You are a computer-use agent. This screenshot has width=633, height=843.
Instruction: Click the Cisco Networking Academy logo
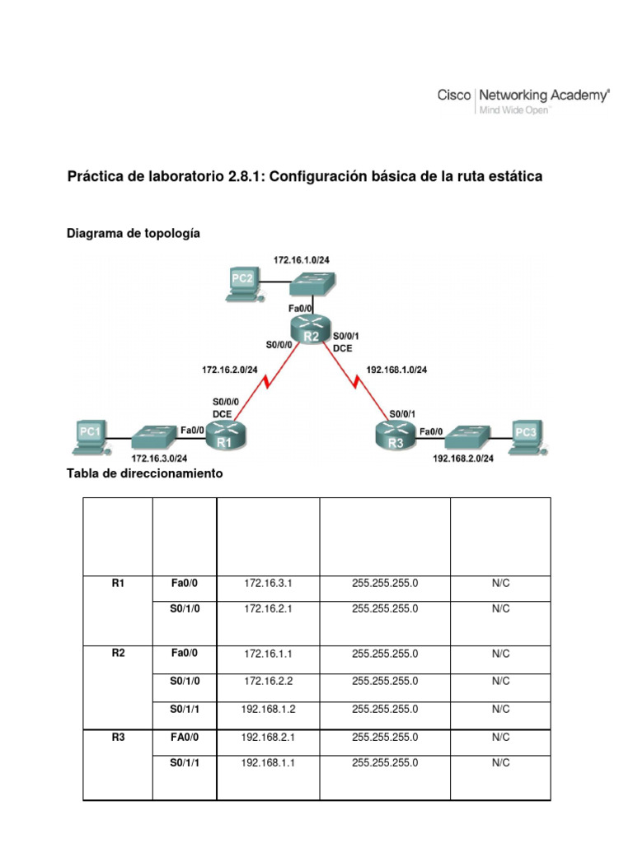coord(523,101)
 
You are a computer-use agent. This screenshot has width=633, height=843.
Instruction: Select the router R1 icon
coord(224,434)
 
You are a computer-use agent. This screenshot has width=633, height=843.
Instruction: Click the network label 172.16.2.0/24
coord(230,370)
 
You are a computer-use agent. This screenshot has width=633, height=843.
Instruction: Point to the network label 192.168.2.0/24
coord(462,459)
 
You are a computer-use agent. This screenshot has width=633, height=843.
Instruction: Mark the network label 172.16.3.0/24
coord(160,459)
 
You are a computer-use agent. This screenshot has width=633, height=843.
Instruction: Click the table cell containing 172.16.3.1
coord(268,583)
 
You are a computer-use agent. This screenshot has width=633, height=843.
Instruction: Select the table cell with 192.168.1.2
coord(268,709)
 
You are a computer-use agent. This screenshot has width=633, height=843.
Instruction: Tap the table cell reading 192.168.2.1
coord(268,738)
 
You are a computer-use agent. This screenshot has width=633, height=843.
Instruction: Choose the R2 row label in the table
coord(118,654)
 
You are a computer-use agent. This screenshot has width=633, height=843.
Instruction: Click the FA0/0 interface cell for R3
coord(185,738)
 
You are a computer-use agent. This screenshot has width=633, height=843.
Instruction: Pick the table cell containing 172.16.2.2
coord(268,681)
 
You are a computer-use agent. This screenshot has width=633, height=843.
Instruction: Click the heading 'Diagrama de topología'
coord(133,234)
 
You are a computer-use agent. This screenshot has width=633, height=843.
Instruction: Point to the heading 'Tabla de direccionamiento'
coord(144,474)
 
